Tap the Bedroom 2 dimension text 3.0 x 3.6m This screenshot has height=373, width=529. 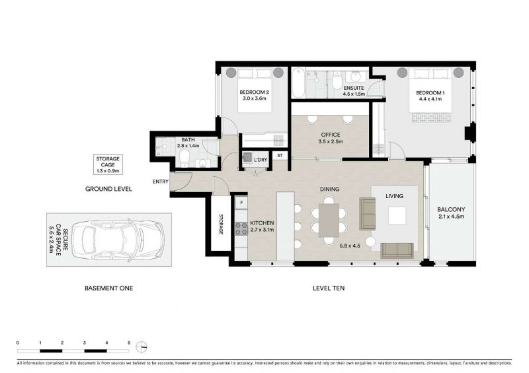point(255,98)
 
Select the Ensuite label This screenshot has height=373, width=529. point(354,88)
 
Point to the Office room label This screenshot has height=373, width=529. point(331,135)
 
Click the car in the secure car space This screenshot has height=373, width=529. point(118,240)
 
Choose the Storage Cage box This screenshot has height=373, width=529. point(108,165)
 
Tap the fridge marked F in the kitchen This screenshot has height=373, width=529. point(241,203)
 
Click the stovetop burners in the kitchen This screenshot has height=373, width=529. point(241,228)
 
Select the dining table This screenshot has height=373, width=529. point(329,220)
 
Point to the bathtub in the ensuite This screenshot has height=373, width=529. point(299,83)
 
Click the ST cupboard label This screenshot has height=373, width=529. point(280,156)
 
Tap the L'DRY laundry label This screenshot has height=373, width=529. point(260,160)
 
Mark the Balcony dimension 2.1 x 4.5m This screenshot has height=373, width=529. point(452,217)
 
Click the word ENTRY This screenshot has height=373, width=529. point(161,182)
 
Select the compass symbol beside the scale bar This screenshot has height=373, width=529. point(142,347)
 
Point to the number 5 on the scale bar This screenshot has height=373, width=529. point(129,343)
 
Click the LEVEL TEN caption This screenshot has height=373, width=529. point(329,288)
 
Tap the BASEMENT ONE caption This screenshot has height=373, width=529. point(108,288)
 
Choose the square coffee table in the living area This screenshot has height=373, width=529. point(397,216)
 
